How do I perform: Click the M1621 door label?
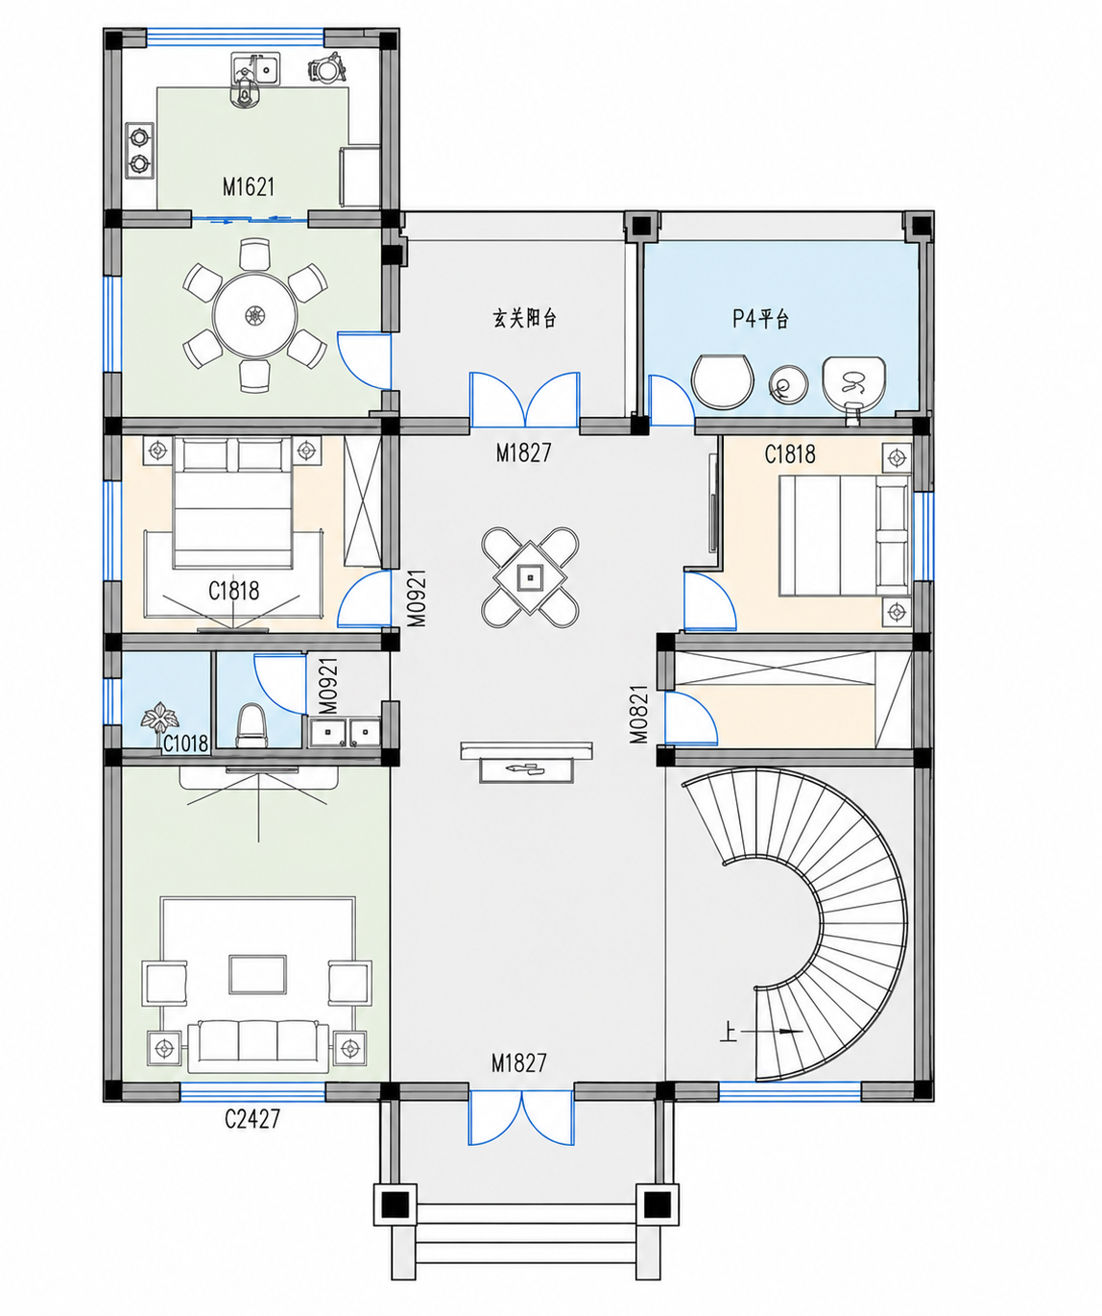[249, 186]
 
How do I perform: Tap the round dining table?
[255, 314]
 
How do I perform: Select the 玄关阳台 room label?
[524, 318]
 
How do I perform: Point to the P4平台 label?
[760, 318]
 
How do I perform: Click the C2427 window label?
[252, 1119]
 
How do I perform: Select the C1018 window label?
[185, 743]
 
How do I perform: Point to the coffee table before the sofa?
[257, 974]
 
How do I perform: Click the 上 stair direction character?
[728, 1033]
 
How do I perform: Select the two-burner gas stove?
[139, 150]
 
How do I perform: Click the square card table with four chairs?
[530, 577]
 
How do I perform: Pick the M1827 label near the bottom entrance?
[519, 1063]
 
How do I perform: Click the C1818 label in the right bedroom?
[790, 453]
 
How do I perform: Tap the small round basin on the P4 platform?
[788, 384]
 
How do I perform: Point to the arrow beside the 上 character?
[772, 1032]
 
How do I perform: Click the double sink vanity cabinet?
[345, 732]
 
